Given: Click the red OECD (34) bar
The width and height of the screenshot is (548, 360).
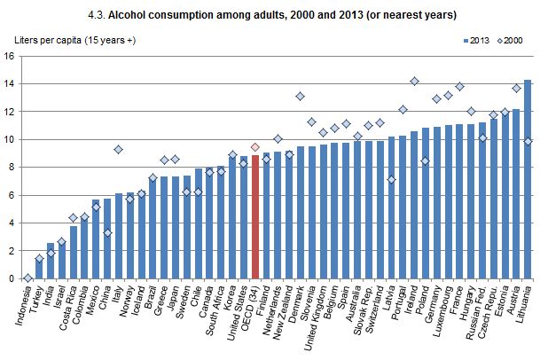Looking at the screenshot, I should (254, 217).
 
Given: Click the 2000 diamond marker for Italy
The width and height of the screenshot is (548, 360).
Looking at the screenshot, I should (119, 149).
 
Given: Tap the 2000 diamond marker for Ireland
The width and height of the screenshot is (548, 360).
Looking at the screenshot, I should (414, 81).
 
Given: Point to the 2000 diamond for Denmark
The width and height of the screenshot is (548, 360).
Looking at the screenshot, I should (301, 96).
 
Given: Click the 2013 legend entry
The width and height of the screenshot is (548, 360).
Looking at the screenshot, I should (476, 41).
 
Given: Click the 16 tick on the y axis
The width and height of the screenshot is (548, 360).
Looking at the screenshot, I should (10, 56).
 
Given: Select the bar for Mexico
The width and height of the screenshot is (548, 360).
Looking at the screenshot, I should (96, 239).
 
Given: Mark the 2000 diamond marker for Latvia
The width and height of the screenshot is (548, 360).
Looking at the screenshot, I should (392, 180).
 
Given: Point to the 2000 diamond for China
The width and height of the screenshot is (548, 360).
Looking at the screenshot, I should (107, 233).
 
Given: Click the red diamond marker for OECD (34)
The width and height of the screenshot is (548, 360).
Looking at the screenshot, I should (254, 147).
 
